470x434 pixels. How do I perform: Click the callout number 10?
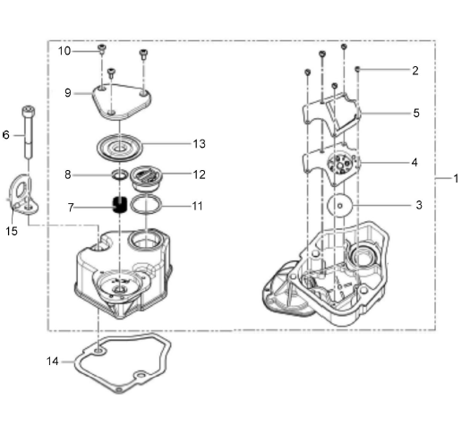tap(64, 51)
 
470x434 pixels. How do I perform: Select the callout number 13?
tap(200, 144)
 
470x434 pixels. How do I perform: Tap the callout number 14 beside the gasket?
tap(53, 362)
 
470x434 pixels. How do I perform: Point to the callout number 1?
tap(456, 178)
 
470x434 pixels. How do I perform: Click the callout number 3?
tap(419, 205)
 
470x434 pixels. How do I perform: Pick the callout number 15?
tap(12, 231)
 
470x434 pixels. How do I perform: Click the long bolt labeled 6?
tap(29, 132)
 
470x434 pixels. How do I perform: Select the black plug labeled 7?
tap(120, 204)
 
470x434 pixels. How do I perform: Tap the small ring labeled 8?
tap(120, 175)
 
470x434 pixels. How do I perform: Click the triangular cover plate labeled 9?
tap(122, 102)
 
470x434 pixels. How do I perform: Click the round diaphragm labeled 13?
tap(120, 148)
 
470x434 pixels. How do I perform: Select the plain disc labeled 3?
tap(340, 206)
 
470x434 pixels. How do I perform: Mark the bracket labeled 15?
tap(23, 194)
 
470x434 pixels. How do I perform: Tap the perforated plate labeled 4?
tap(332, 165)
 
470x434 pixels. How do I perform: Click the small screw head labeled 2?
tap(357, 69)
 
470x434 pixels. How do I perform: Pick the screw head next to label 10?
tap(102, 47)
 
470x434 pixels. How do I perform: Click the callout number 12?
tap(200, 174)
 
